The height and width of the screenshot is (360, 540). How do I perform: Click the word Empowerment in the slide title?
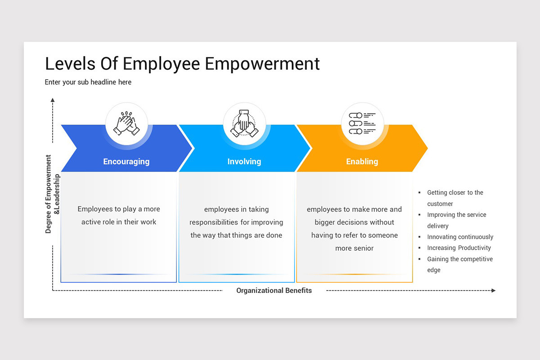pyautogui.click(x=262, y=64)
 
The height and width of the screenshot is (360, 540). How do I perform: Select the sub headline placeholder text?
pyautogui.click(x=88, y=82)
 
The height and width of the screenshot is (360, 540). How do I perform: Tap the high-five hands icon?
pyautogui.click(x=126, y=124)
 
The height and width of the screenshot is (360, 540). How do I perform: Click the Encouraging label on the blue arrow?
pyautogui.click(x=126, y=162)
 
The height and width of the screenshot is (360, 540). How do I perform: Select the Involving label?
pyautogui.click(x=244, y=162)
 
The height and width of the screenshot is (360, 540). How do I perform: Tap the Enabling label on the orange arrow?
pyautogui.click(x=362, y=162)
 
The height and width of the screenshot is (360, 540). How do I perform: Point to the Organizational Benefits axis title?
pyautogui.click(x=274, y=291)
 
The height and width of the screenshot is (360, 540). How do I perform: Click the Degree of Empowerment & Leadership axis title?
pyautogui.click(x=52, y=194)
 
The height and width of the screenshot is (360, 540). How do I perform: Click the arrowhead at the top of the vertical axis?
pyautogui.click(x=53, y=100)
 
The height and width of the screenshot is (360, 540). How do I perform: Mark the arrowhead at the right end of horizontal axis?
pyautogui.click(x=493, y=291)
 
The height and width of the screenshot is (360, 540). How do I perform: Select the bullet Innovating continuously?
pyautogui.click(x=460, y=237)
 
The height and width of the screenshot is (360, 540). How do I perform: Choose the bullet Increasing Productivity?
pyautogui.click(x=459, y=248)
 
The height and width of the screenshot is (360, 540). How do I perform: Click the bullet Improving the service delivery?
pyautogui.click(x=457, y=215)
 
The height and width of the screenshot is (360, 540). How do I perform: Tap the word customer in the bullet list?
pyautogui.click(x=440, y=204)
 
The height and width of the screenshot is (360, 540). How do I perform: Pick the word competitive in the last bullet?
pyautogui.click(x=474, y=259)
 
